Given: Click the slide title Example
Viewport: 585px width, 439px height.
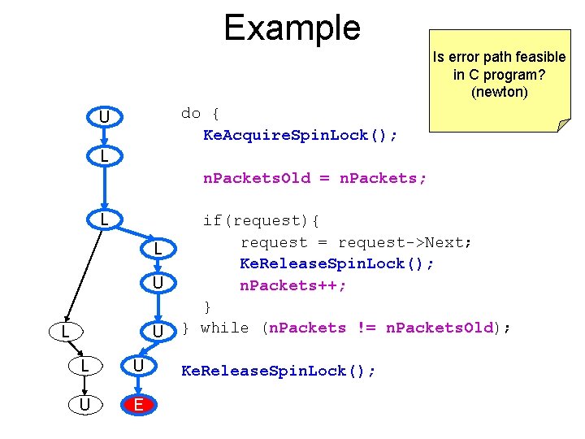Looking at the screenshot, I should [x=292, y=28].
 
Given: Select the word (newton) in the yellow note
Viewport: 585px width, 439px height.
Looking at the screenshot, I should [x=499, y=93].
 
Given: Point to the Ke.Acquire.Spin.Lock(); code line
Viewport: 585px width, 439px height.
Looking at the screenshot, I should [x=300, y=135].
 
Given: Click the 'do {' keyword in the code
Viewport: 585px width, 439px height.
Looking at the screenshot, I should [x=200, y=113].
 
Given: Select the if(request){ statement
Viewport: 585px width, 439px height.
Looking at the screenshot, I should [x=261, y=220].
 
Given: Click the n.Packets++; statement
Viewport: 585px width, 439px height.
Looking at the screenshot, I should [x=293, y=285].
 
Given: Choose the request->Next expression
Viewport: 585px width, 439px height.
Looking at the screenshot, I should [x=405, y=242].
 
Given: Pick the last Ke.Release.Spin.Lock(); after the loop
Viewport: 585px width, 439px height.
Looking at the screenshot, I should [x=279, y=372].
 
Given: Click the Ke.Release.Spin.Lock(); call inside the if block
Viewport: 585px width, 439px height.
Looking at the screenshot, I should [x=336, y=264].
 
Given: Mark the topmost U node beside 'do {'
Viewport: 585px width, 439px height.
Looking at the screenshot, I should [x=104, y=118].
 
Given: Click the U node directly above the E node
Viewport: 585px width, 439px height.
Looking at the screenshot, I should [x=138, y=367].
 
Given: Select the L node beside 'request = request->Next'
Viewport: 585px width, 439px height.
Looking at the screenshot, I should [x=159, y=247].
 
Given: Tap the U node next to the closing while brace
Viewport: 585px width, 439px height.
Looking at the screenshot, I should [x=159, y=332].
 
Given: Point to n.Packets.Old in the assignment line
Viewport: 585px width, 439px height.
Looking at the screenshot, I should [x=257, y=178].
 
